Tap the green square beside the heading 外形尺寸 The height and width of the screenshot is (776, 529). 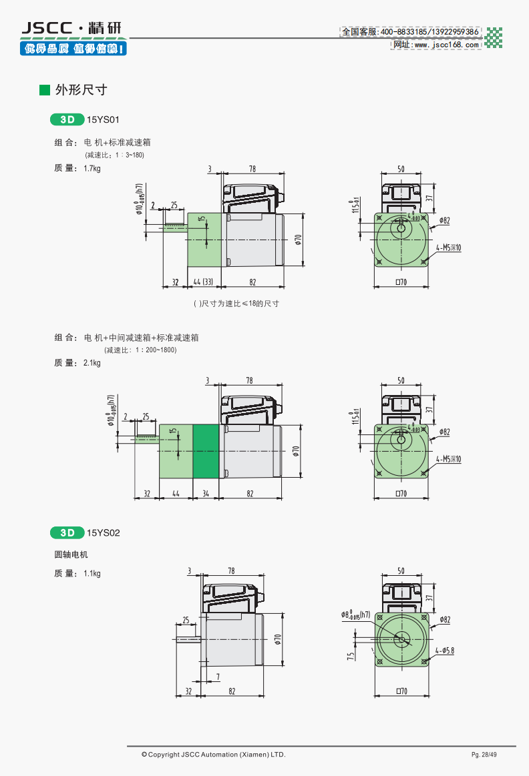pyautogui.click(x=45, y=90)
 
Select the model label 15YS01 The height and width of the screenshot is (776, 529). pyautogui.click(x=103, y=120)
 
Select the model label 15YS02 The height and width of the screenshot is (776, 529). pyautogui.click(x=103, y=532)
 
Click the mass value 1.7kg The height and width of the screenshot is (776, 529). pyautogui.click(x=92, y=168)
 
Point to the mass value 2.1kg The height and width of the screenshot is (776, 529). pyautogui.click(x=92, y=363)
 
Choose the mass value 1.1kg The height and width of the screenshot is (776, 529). pyautogui.click(x=92, y=573)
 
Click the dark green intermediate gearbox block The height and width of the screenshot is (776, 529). pyautogui.click(x=206, y=450)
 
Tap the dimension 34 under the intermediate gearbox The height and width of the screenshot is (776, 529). pyautogui.click(x=206, y=494)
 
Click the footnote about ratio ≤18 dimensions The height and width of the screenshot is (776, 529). pyautogui.click(x=236, y=304)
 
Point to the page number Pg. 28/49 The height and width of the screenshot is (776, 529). pyautogui.click(x=484, y=755)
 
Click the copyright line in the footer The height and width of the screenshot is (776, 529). pyautogui.click(x=213, y=755)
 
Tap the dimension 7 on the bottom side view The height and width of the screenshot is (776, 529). pyautogui.click(x=218, y=678)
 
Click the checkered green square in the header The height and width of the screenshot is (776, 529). pyautogui.click(x=493, y=37)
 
